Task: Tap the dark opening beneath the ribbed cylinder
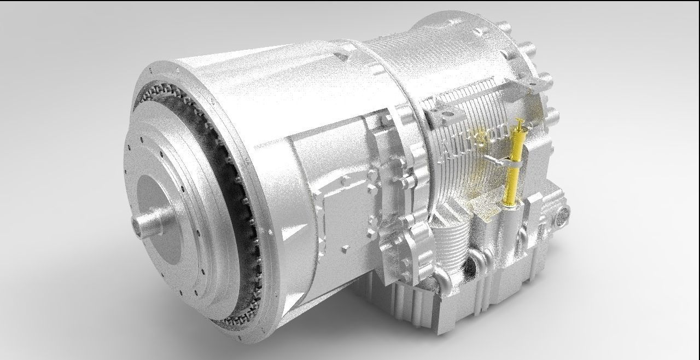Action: point(469,268)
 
